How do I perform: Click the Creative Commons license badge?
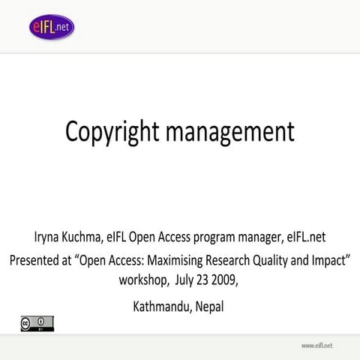(x=37, y=323)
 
